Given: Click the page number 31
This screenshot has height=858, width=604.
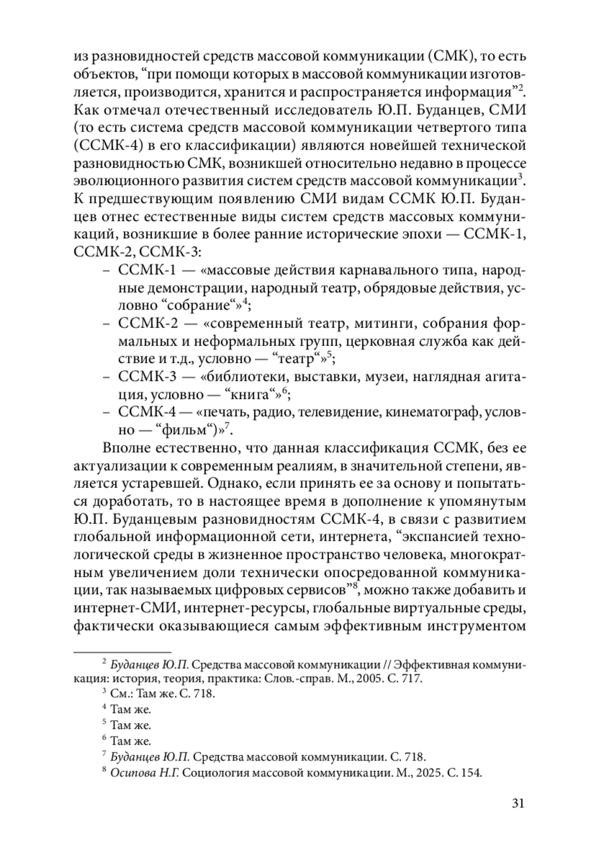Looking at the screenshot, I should [x=518, y=803].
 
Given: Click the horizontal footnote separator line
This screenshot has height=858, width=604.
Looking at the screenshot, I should [x=122, y=651].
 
